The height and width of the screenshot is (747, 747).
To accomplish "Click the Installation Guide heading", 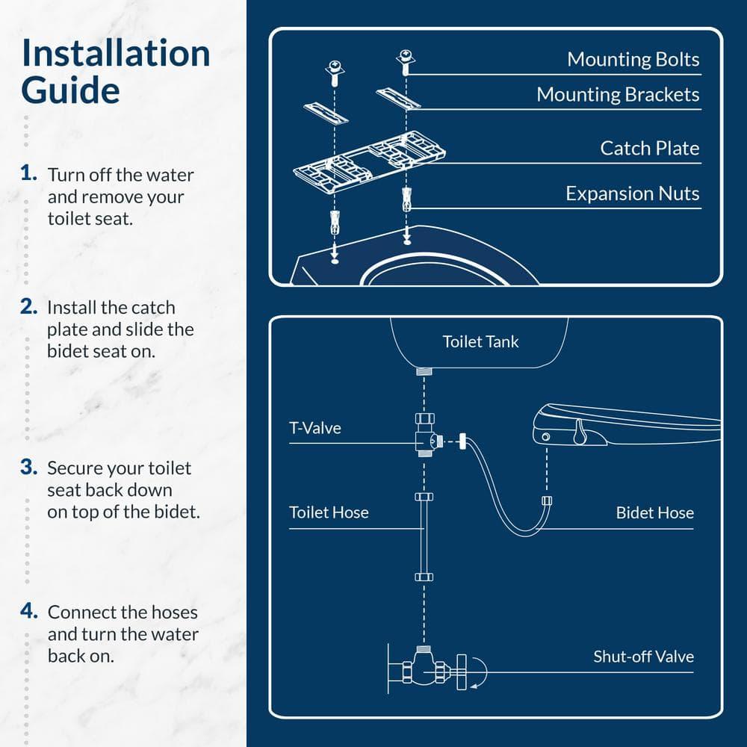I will (116, 72).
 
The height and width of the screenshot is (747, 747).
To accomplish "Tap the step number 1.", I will (29, 174).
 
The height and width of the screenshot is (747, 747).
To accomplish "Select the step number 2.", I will (29, 306).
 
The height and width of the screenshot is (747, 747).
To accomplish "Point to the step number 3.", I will (29, 468).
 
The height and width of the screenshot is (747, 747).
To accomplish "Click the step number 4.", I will (29, 612).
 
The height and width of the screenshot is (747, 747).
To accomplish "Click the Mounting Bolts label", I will (633, 60).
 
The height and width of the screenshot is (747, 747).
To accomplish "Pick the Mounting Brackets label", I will (618, 95).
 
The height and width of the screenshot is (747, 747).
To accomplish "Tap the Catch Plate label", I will (649, 148).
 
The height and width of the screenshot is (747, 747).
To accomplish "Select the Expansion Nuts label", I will (632, 193).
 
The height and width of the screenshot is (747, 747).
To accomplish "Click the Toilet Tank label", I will (480, 342).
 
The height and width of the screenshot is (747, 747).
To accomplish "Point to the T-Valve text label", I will (314, 429).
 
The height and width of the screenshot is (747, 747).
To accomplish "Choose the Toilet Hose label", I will (329, 513).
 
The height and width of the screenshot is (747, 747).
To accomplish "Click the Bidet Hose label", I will (654, 513).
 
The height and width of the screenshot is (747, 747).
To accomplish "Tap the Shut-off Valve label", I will (643, 657).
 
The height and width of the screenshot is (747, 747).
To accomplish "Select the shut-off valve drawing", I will (426, 666).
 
